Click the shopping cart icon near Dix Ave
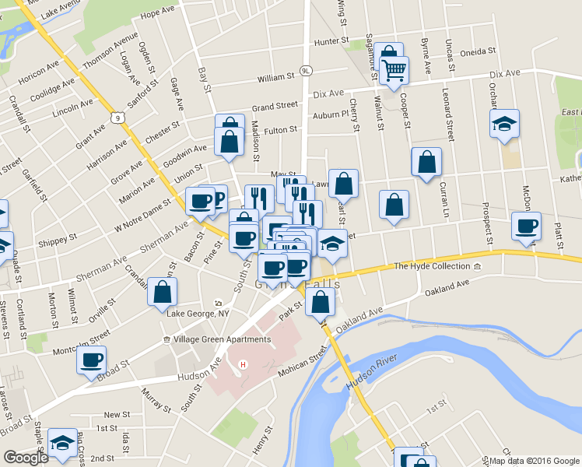click(394, 69)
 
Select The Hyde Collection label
click(433, 267)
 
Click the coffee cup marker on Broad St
click(91, 360)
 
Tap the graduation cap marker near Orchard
click(504, 124)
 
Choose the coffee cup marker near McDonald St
click(527, 226)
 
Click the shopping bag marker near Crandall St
click(163, 292)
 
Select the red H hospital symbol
click(244, 364)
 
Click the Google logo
click(26, 458)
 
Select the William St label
click(277, 78)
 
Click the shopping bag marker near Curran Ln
click(426, 163)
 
